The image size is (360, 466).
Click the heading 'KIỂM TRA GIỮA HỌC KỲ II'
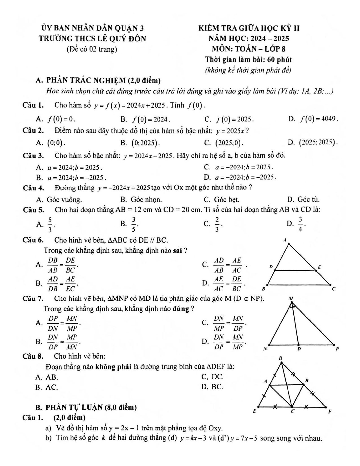coord(248,28)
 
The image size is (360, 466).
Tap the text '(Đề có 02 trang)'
coord(92,49)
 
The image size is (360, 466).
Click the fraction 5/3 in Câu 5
coord(50,225)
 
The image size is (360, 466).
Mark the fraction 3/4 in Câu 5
coord(300,225)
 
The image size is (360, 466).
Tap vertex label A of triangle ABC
coord(285,240)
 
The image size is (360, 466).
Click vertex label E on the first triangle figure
coord(319,267)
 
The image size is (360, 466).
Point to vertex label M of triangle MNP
coord(291,298)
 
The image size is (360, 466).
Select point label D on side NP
coord(299,349)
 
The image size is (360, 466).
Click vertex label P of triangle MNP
coord(337,349)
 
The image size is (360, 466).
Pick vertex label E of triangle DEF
coord(254,411)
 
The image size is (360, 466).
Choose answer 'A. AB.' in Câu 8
coord(47,377)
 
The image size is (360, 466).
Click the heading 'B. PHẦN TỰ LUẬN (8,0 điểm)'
coord(86,407)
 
